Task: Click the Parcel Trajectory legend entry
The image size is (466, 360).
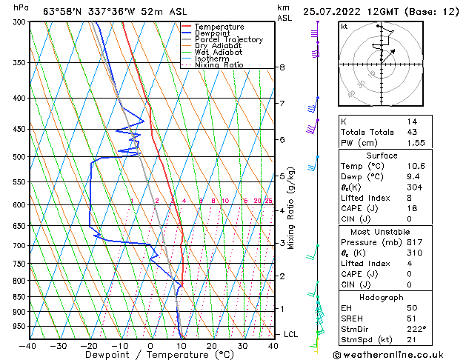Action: [228, 39]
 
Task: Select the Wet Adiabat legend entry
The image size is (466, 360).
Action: [219, 52]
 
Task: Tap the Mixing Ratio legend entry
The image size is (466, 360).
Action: [219, 65]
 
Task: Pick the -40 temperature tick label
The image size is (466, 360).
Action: [28, 346]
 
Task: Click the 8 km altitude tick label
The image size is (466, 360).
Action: [282, 67]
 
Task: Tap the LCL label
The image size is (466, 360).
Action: [290, 335]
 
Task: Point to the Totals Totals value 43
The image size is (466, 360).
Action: [413, 132]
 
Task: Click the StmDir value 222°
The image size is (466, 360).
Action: [416, 328]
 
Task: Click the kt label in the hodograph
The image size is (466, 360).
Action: [344, 26]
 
